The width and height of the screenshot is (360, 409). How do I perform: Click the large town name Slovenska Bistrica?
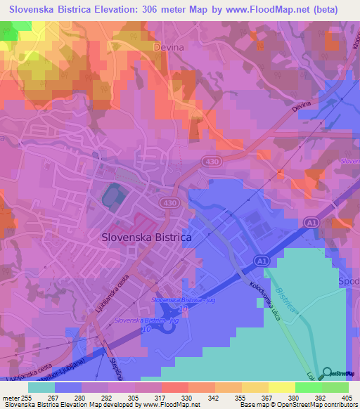coord(146,238)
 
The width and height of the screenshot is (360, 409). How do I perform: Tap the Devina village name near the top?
coord(168,47)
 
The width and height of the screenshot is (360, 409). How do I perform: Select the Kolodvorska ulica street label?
coord(265,301)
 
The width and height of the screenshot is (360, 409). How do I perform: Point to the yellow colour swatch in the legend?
coord(282,387)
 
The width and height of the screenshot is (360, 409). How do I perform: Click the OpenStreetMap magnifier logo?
coord(328,374)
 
